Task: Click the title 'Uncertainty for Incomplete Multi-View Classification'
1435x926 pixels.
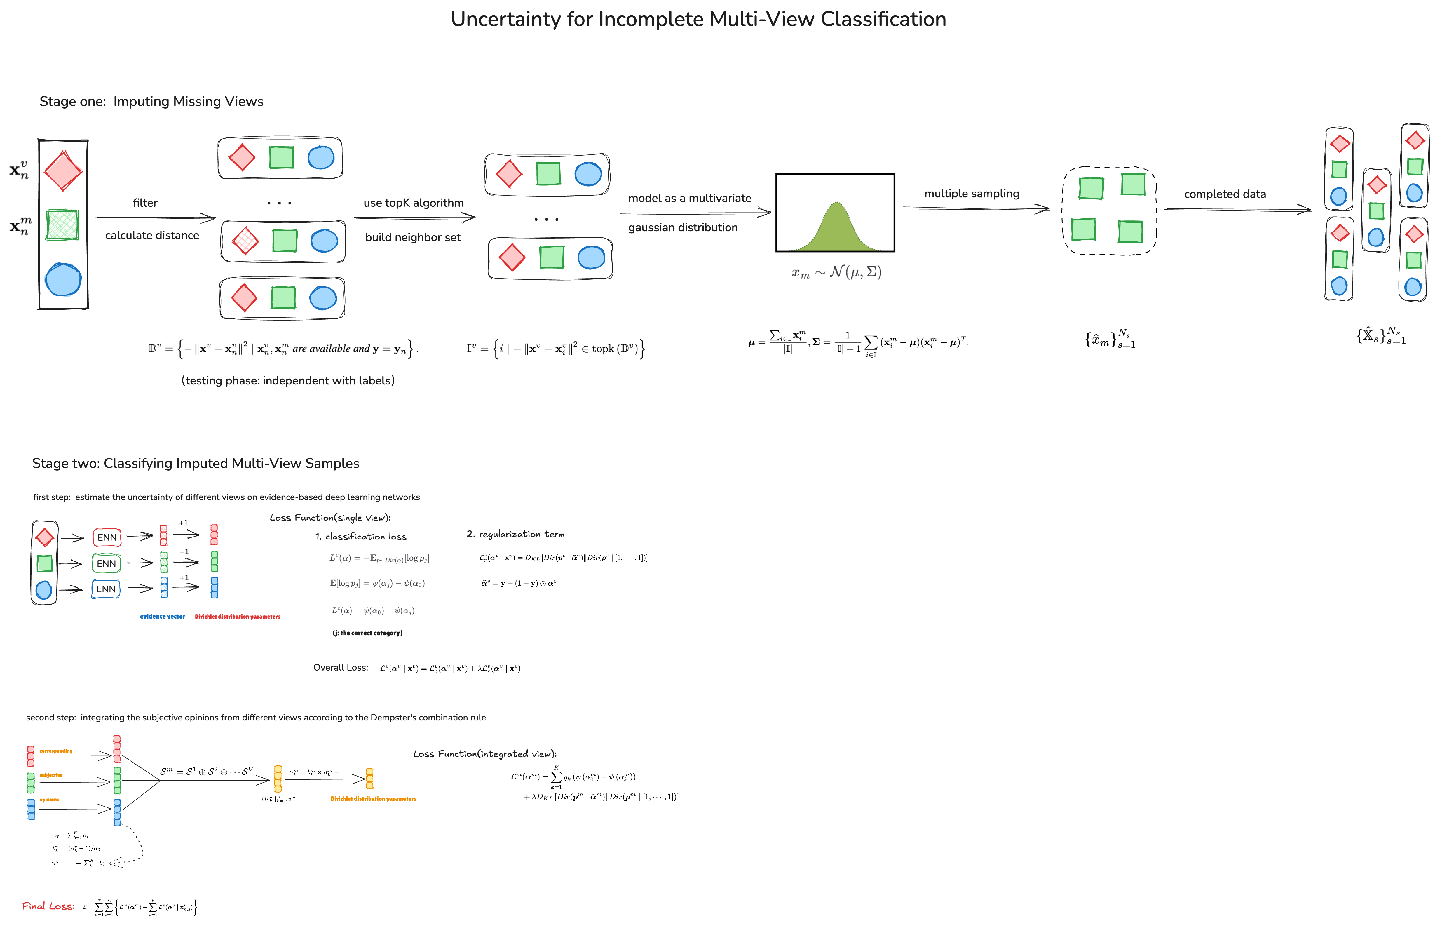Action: [698, 19]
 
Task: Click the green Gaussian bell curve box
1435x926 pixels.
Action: [835, 213]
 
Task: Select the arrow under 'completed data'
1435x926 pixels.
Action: [1237, 209]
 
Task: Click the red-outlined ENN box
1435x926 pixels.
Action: [107, 537]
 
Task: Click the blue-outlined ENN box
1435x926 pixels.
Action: [106, 589]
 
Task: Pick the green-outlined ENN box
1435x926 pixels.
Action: [107, 563]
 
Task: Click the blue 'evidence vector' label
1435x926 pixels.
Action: [162, 616]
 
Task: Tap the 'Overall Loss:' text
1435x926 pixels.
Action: [340, 667]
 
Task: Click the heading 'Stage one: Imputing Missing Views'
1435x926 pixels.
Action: [151, 101]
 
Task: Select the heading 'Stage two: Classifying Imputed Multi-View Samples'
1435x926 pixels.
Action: [195, 463]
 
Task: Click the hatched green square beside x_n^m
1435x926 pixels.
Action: [62, 224]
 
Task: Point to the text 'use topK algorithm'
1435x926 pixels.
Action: [414, 203]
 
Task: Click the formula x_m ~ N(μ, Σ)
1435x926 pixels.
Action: [836, 272]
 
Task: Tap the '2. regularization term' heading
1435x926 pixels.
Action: [515, 534]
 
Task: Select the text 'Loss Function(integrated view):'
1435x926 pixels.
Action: [484, 753]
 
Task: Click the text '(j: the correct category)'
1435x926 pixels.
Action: [367, 633]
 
